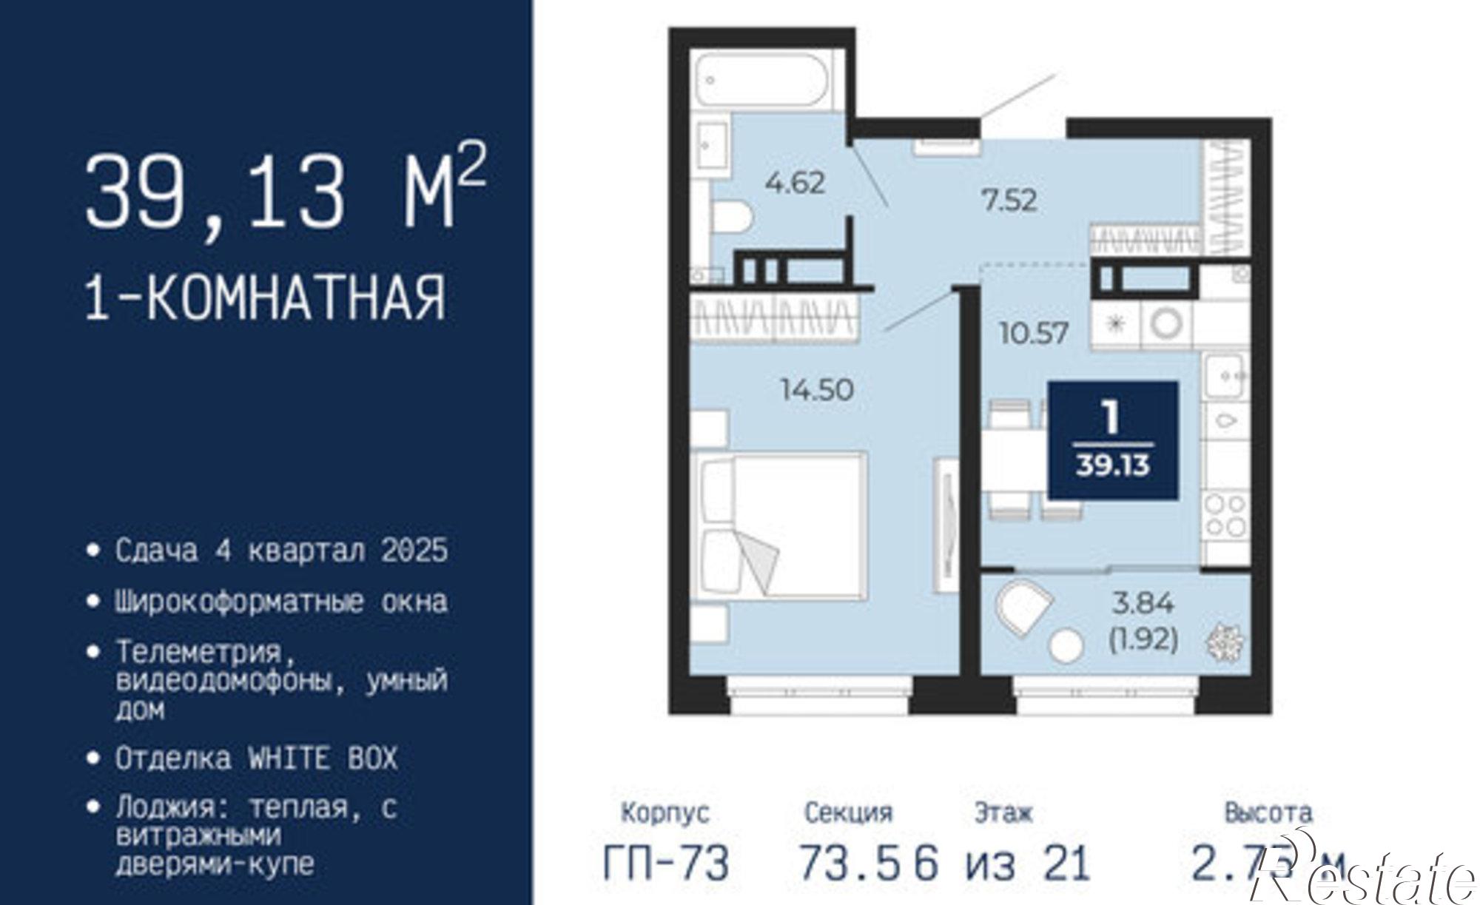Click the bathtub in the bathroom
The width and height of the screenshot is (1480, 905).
pyautogui.click(x=763, y=81)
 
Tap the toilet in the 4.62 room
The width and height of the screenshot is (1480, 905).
pyautogui.click(x=732, y=217)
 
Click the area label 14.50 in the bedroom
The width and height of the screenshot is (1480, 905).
pyautogui.click(x=817, y=389)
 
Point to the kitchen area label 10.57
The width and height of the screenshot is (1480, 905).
pyautogui.click(x=1034, y=333)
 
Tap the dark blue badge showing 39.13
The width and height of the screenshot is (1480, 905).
pyautogui.click(x=1113, y=440)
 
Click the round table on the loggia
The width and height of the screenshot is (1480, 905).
pyautogui.click(x=1066, y=645)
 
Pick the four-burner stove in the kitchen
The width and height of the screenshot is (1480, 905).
pyautogui.click(x=1225, y=516)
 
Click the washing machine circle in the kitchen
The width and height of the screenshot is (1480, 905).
pyautogui.click(x=1168, y=323)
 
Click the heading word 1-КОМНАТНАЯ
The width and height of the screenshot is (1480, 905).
pyautogui.click(x=266, y=297)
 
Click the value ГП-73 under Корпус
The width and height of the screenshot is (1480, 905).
pyautogui.click(x=666, y=863)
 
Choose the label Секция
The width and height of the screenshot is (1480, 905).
pyautogui.click(x=848, y=813)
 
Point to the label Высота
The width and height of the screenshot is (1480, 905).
pyautogui.click(x=1268, y=813)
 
